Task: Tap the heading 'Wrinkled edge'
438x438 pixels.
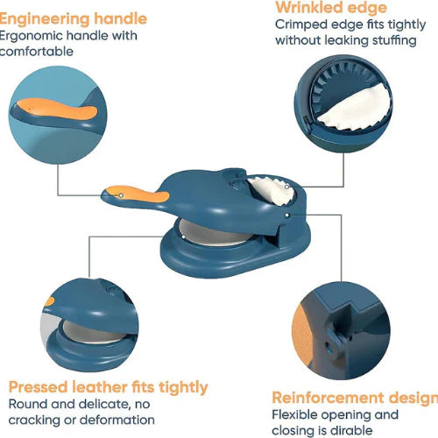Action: click(x=330, y=8)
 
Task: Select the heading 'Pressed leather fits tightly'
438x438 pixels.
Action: click(x=109, y=386)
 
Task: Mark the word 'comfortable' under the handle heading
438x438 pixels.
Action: click(x=36, y=51)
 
